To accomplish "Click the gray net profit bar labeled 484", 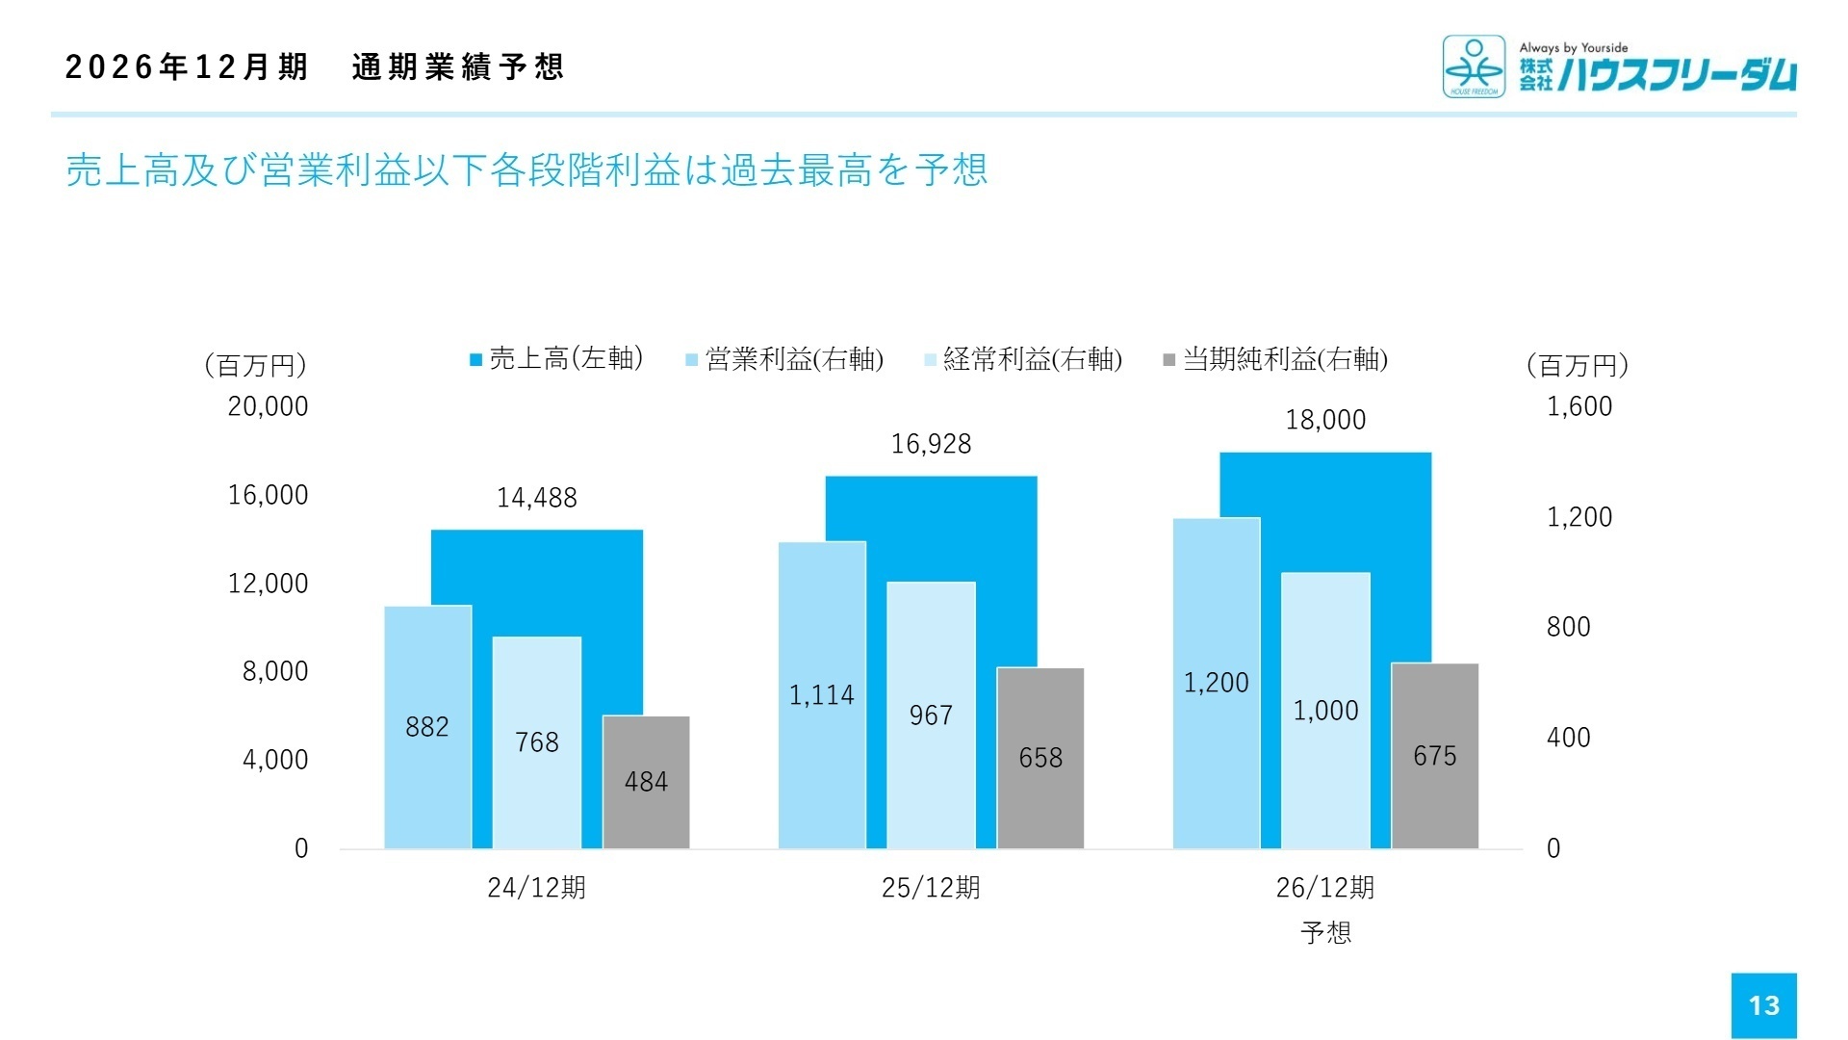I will [x=646, y=782].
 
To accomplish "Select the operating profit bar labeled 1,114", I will [x=821, y=695].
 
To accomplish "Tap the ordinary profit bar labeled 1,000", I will [x=1324, y=711].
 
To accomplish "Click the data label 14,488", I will [x=536, y=498].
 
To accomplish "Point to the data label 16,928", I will [x=931, y=444].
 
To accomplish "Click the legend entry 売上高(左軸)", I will [x=556, y=359].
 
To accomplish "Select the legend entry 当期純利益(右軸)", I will [x=1275, y=359].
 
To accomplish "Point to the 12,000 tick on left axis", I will [x=268, y=584].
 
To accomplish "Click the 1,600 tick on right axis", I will [x=1578, y=406].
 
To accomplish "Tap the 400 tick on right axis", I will [x=1568, y=738].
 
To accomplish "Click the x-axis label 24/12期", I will [x=536, y=888].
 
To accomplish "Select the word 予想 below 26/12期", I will [x=1325, y=932].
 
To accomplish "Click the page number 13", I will [x=1763, y=1005].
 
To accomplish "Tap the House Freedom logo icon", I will [x=1473, y=66].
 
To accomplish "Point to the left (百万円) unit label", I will [x=255, y=365].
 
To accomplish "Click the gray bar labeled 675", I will [x=1434, y=756].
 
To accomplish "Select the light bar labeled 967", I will [x=931, y=715].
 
